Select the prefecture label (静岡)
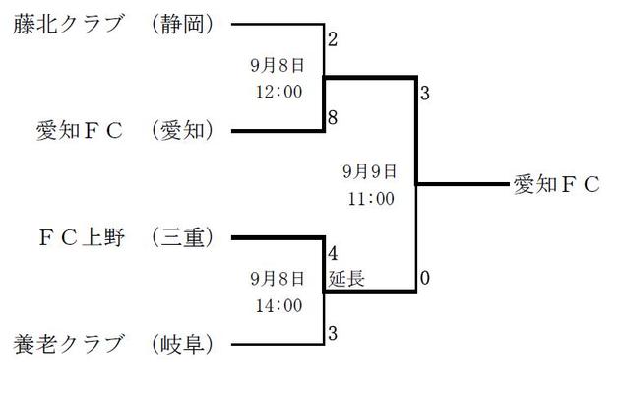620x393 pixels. [184, 25]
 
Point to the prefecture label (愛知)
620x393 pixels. [184, 130]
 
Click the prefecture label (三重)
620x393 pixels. [184, 237]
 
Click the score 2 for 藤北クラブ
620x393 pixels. [333, 40]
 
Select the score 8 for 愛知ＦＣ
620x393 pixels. [333, 117]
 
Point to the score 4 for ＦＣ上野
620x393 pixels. [333, 252]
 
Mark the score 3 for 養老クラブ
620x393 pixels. [333, 333]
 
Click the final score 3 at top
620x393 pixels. [424, 95]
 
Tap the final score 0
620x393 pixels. [424, 279]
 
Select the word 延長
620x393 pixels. [346, 279]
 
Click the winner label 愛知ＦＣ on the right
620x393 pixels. [556, 184]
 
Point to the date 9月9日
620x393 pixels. [370, 171]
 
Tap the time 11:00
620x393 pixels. [370, 198]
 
